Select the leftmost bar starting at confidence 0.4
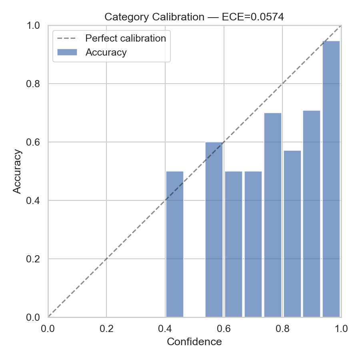tap(175, 244)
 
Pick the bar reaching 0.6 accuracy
tap(214, 230)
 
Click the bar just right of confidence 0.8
tap(292, 234)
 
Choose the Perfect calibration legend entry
tap(126, 38)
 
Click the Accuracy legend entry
tap(106, 52)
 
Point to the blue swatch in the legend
tap(67, 52)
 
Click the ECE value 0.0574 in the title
tap(264, 17)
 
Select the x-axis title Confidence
tap(194, 342)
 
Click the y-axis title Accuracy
tap(17, 171)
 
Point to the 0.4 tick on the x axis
tap(165, 329)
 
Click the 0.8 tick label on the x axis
tap(282, 329)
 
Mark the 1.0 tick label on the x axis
tap(341, 329)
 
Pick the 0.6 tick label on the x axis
tap(224, 329)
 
